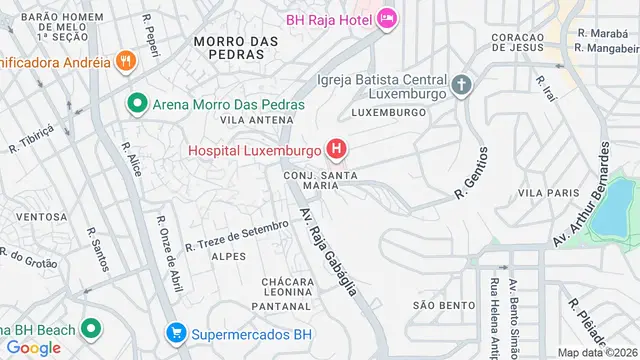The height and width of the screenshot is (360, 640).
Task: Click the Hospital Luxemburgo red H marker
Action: click(x=337, y=151)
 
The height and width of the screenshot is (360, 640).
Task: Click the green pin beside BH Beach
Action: click(x=90, y=328)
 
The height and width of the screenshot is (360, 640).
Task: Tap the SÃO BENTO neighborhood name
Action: click(x=435, y=304)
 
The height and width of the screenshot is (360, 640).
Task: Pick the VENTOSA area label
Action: click(x=42, y=216)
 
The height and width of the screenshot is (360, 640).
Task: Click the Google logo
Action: click(x=33, y=347)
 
